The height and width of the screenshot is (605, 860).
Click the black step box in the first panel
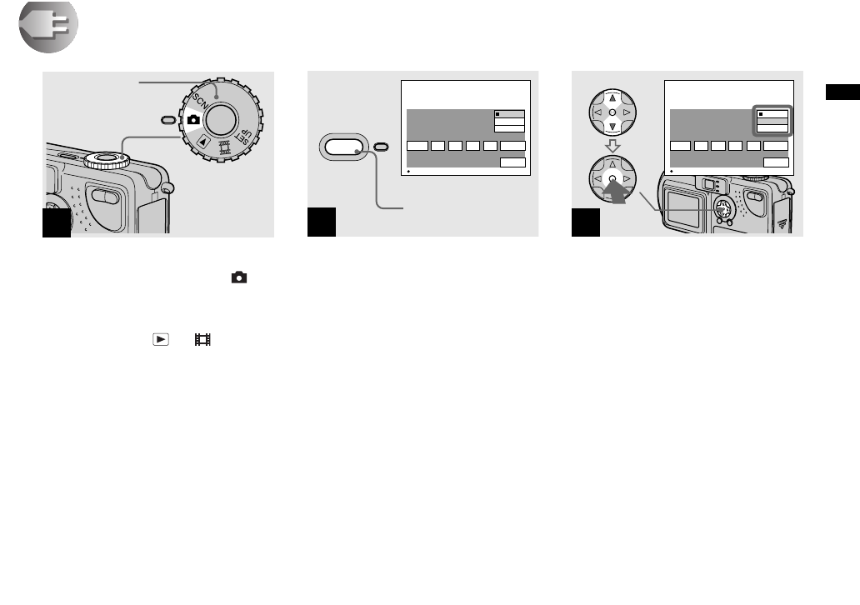click(57, 223)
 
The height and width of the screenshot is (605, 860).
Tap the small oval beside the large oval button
click(381, 147)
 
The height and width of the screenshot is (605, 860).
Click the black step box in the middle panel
click(322, 223)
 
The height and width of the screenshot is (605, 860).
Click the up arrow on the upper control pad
click(612, 93)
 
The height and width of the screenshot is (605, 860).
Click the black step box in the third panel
click(587, 223)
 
